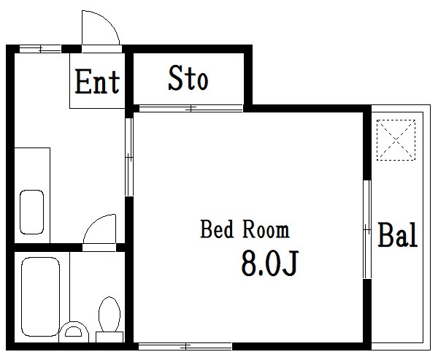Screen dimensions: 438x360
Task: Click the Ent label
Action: (x=97, y=81)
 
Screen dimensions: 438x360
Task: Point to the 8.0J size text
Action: (x=270, y=263)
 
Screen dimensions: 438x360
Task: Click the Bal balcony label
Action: (x=398, y=235)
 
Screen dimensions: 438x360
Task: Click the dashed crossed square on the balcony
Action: (x=396, y=139)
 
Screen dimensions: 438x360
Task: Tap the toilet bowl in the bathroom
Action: (x=109, y=314)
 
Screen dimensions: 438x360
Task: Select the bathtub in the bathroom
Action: (x=40, y=296)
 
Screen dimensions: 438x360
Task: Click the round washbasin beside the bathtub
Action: (x=74, y=332)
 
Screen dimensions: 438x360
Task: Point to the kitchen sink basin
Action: (x=32, y=212)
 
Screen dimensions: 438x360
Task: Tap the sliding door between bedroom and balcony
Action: (x=367, y=229)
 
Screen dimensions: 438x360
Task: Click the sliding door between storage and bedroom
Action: (x=191, y=108)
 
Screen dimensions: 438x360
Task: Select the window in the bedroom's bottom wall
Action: (x=185, y=347)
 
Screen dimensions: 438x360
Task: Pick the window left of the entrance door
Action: (x=40, y=49)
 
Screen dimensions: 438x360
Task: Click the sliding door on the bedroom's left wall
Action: (x=129, y=157)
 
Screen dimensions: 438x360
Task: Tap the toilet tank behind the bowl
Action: (x=109, y=337)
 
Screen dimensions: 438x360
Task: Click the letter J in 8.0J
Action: (x=291, y=263)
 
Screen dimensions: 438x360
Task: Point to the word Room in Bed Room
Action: (x=266, y=229)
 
